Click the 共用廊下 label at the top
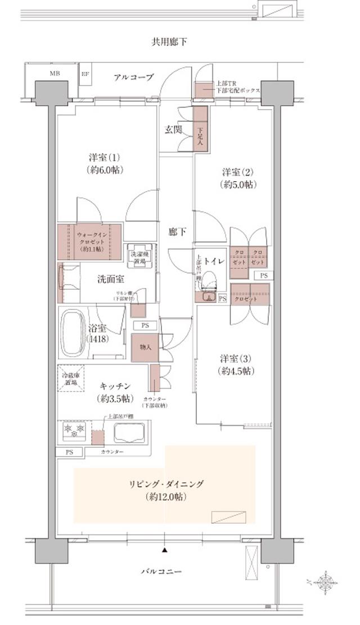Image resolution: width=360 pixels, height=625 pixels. (x=169, y=42)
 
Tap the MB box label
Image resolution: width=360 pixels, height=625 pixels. (x=54, y=74)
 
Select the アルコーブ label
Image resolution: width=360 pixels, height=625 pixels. (x=133, y=77)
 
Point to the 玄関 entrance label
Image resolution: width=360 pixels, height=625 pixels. (x=173, y=129)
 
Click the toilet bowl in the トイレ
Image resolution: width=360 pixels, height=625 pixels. (x=209, y=282)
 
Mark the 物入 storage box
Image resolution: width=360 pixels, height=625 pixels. (x=145, y=348)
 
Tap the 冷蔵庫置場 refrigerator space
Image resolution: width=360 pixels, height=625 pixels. (x=70, y=379)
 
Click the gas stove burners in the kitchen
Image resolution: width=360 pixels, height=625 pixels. (x=75, y=431)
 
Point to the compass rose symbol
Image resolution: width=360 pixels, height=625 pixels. (x=326, y=581)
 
